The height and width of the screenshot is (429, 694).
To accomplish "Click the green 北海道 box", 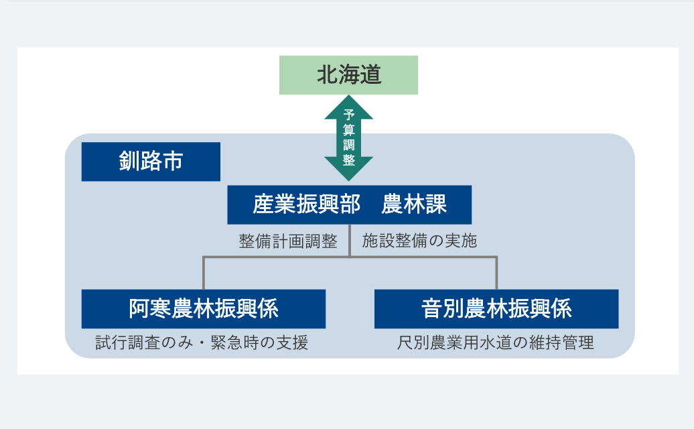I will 348,75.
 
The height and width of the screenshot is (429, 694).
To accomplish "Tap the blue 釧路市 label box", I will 151,162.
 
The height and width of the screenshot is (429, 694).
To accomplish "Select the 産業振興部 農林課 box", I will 349,204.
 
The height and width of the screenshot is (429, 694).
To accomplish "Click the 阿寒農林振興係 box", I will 204,309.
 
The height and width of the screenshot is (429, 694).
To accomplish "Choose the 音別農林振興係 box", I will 496,309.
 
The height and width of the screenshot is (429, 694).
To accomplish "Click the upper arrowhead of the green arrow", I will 348,106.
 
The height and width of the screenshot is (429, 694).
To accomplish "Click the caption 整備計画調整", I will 288,241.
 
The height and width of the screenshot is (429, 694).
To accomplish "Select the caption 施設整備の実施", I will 419,241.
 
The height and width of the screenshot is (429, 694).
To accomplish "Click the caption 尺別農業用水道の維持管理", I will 496,343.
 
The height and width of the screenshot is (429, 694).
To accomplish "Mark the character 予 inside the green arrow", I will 348,114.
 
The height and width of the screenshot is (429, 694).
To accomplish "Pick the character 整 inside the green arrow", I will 348,160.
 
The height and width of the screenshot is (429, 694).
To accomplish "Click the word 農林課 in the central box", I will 414,204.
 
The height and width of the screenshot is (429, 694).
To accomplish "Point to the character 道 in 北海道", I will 370,75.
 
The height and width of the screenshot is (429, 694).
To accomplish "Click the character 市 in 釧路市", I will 173,162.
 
